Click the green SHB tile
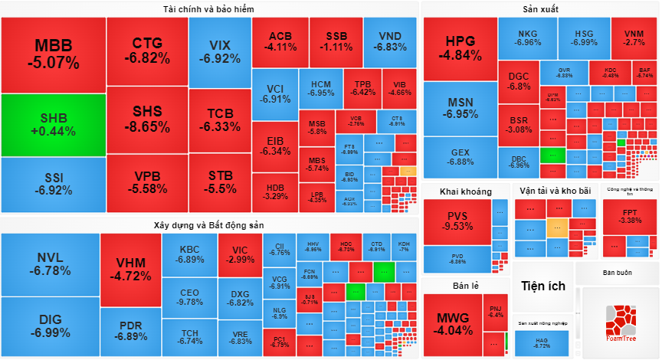click(52, 125)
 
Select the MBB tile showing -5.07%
click(52, 54)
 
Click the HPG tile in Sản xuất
click(460, 47)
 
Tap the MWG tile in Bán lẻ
click(454, 324)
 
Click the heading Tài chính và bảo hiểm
click(208, 8)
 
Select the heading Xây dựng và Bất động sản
click(208, 224)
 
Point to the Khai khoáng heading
click(465, 191)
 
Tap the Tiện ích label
click(542, 286)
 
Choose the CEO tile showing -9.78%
click(189, 297)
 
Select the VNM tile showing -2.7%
click(634, 38)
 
